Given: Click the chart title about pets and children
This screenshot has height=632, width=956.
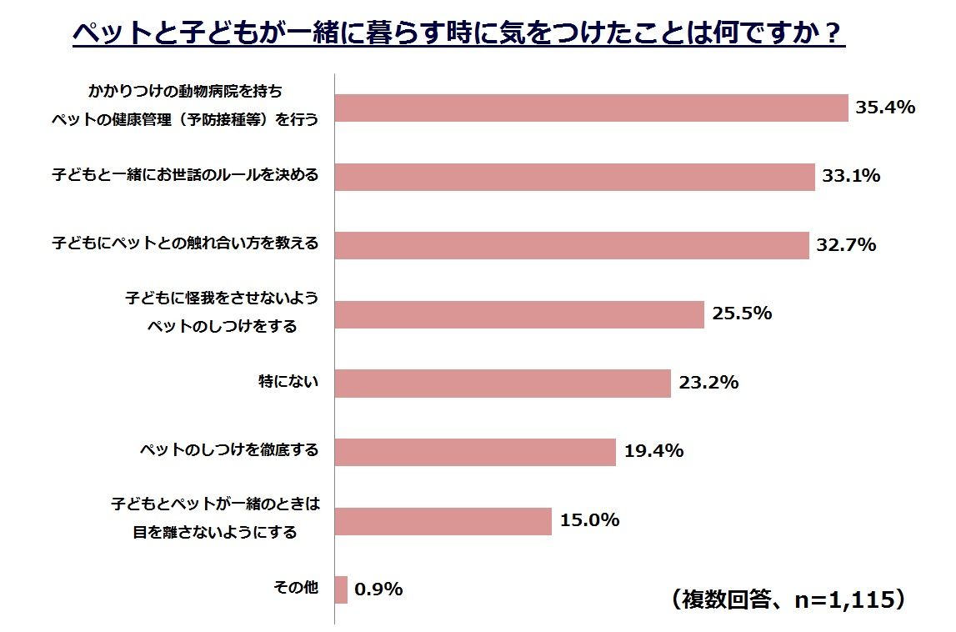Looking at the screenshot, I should tap(459, 35).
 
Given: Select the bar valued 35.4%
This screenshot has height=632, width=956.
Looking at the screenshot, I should tap(591, 108).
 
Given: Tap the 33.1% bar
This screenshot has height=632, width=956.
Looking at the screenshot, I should tap(574, 177).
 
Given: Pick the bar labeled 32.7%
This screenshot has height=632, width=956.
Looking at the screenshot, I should tap(572, 245).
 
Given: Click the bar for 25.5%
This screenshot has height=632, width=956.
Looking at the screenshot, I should tap(519, 314).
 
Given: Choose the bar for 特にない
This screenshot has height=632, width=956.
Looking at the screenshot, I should tap(503, 384).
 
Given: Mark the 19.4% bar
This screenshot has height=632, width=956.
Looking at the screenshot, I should tap(475, 452).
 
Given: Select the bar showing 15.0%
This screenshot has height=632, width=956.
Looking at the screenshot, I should tap(443, 521).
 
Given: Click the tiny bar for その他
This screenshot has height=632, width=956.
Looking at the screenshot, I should tap(341, 589).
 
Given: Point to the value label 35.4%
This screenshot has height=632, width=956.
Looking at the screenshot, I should tap(886, 108).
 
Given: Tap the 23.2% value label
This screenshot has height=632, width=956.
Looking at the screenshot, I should tap(708, 383).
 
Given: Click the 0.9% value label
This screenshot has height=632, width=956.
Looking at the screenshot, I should tap(379, 589).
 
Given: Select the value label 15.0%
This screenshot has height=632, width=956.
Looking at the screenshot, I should tap(590, 520).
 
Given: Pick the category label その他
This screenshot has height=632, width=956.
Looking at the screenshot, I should tap(297, 588).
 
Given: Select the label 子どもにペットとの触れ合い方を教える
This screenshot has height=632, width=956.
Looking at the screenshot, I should tap(184, 244).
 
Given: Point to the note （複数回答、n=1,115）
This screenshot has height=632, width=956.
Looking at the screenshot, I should tap(787, 599).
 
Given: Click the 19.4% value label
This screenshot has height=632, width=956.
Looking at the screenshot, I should tap(653, 451).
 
